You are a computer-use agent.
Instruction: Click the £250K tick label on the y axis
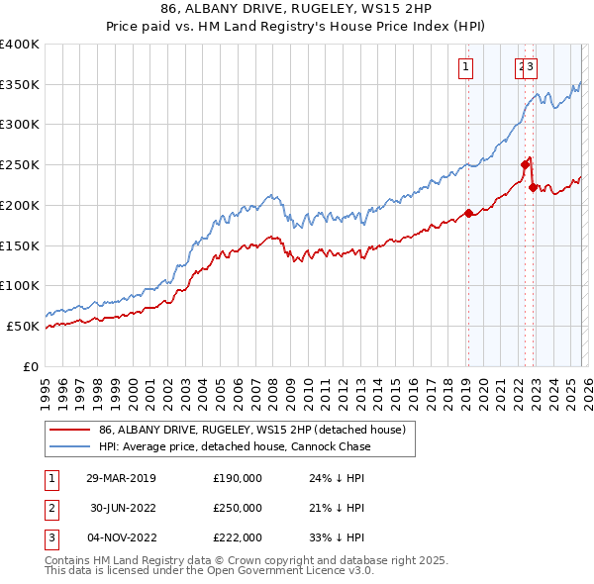pos(20,164)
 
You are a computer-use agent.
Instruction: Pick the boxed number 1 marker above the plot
pos(464,67)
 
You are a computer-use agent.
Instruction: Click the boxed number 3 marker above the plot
pos(531,67)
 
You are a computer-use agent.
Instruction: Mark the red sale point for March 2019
pos(468,213)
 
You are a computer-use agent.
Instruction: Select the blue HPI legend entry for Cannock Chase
pos(235,446)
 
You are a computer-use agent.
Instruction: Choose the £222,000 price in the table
pos(238,537)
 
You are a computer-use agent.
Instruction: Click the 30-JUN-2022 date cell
pos(121,508)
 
